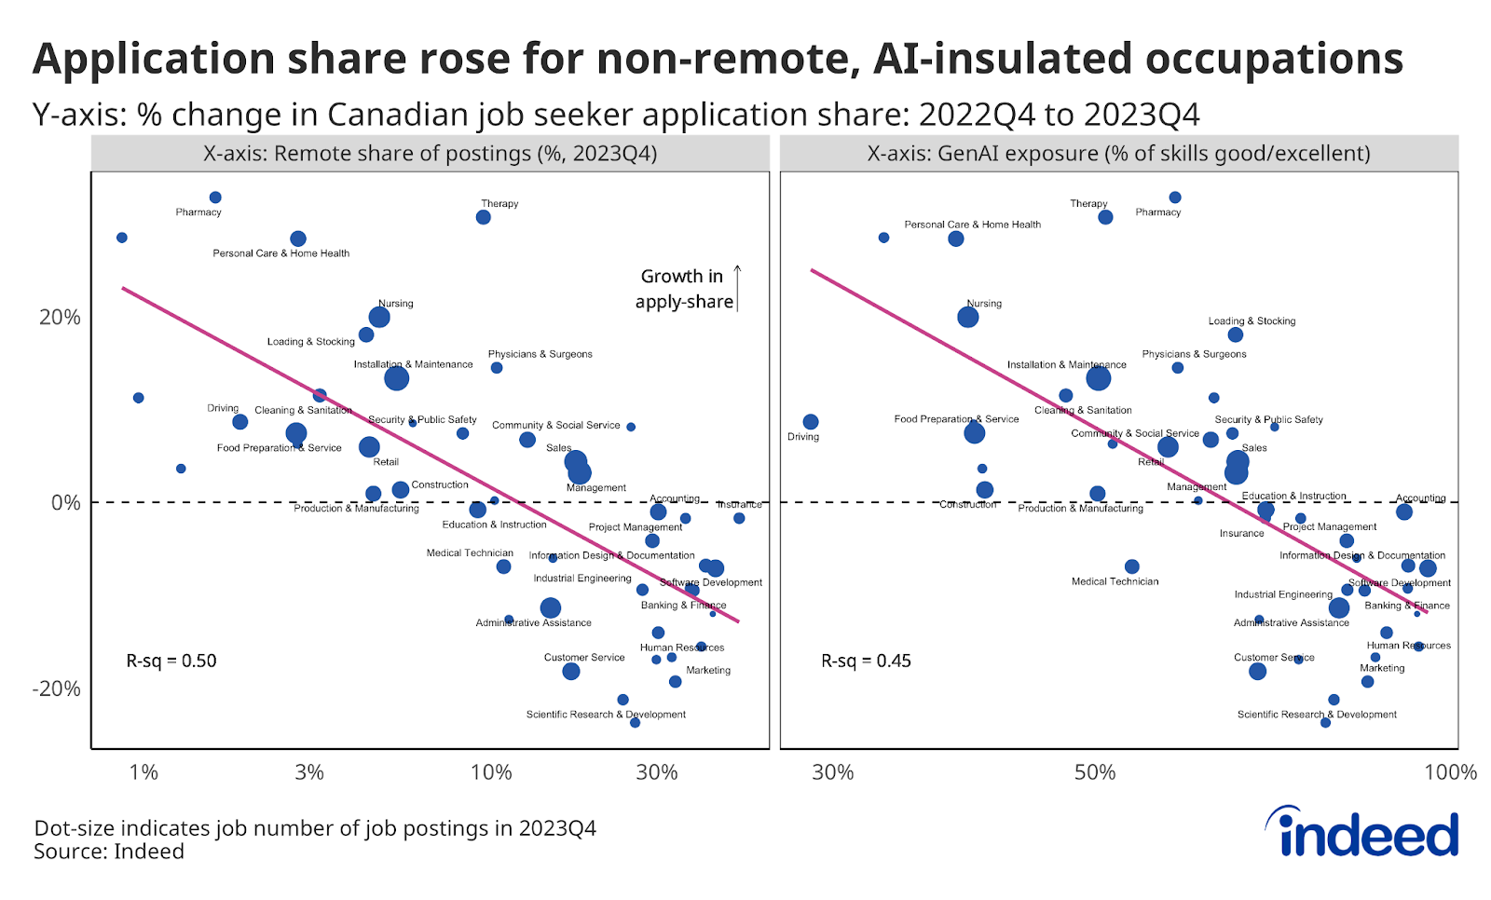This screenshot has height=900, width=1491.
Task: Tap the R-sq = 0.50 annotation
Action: [171, 661]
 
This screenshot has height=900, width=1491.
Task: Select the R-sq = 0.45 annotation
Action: [866, 661]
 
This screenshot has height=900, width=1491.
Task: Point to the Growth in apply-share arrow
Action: [737, 288]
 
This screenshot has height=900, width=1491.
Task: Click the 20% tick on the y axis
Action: [60, 317]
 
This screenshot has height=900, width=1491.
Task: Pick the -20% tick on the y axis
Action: [57, 689]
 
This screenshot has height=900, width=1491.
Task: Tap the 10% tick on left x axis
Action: [491, 772]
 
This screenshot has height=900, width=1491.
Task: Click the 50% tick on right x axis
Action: [1094, 772]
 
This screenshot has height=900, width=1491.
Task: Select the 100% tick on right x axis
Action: [1449, 772]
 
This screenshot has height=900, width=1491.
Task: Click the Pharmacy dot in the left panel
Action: [215, 198]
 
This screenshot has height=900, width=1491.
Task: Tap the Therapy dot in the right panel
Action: [1105, 217]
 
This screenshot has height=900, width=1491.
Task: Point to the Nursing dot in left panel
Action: [378, 317]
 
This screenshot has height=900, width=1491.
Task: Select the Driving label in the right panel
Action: [802, 437]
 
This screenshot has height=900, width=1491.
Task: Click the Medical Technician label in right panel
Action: [1115, 581]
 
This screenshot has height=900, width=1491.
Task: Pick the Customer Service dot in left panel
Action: [571, 671]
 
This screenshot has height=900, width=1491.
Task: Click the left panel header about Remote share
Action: [430, 154]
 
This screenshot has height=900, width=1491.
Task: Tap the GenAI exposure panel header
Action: [1118, 154]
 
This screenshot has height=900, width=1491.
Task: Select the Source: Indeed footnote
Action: [109, 852]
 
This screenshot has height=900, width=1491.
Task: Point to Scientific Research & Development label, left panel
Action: [606, 715]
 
